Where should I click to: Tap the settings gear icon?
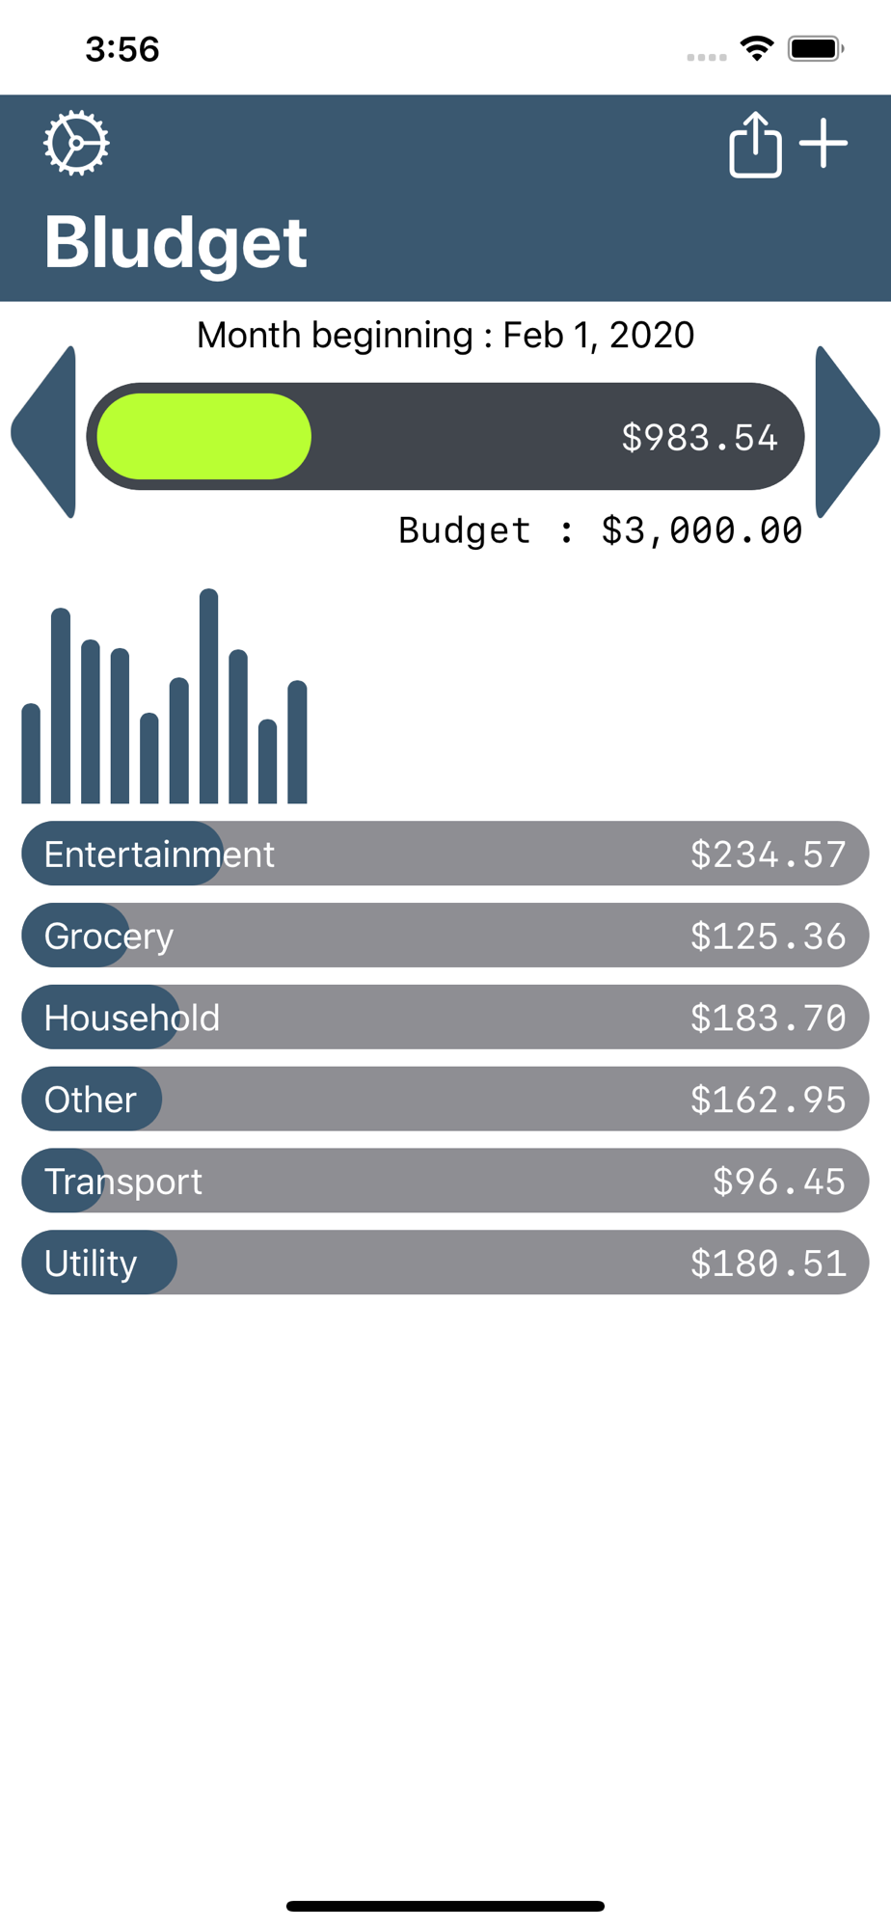coord(76,144)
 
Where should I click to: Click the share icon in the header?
coord(754,145)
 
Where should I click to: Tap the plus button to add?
coord(823,144)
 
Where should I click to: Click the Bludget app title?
coord(175,242)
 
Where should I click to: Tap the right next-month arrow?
coord(846,432)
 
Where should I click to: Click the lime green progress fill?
coord(204,436)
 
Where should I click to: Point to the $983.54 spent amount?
coord(699,438)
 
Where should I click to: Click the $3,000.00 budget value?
coord(701,530)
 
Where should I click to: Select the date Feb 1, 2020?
coord(598,336)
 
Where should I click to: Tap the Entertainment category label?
coord(159,855)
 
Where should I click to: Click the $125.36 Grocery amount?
coord(768,937)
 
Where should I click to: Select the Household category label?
coord(132,1019)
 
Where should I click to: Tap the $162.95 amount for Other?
coord(768,1100)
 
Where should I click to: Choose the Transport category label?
coord(123,1182)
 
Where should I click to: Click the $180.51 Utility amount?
coord(768,1264)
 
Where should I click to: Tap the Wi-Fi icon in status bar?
coord(757,48)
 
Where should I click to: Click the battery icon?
coord(815,48)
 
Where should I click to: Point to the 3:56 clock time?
coord(122,49)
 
